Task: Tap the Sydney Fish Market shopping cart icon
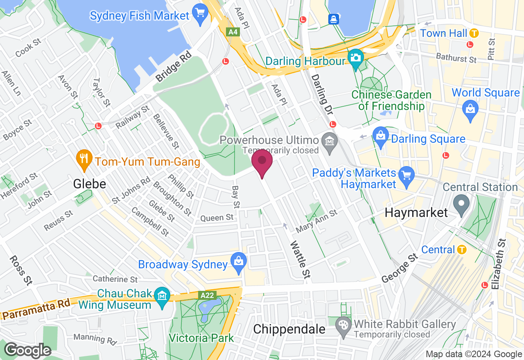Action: click(200, 16)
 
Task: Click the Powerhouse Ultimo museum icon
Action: click(329, 141)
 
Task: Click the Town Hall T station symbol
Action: click(474, 33)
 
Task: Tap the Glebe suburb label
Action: click(89, 184)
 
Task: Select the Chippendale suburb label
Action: click(289, 329)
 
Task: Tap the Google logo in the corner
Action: click(27, 350)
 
